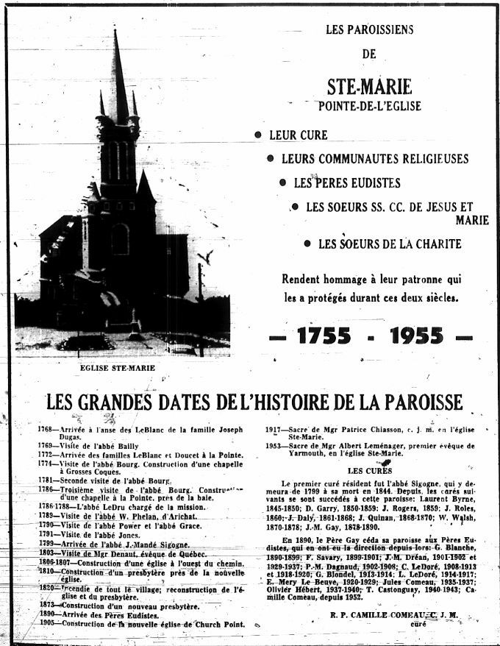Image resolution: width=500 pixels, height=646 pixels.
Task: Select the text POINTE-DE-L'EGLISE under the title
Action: point(369,106)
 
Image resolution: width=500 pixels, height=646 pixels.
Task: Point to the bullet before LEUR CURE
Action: point(258,135)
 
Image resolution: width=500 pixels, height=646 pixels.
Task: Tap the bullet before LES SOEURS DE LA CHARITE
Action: point(307,244)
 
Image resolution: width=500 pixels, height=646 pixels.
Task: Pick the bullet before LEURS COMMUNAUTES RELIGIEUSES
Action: point(271,158)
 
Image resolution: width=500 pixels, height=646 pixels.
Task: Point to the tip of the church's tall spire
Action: point(115,32)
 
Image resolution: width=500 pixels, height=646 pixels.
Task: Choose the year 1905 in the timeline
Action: point(48,622)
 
